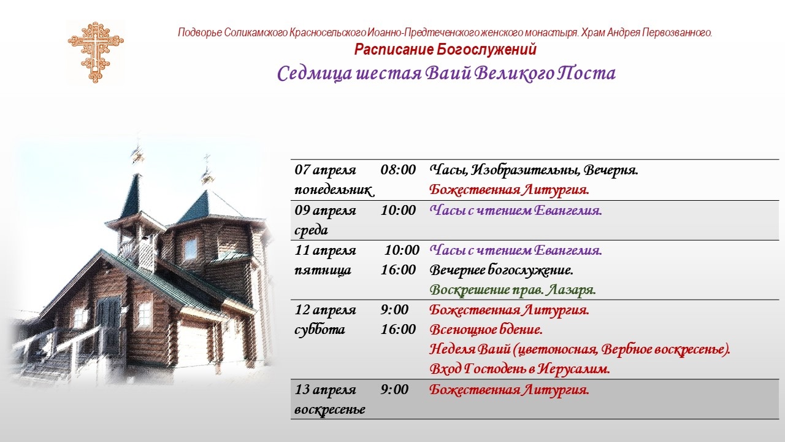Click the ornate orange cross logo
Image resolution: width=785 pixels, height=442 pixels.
95,52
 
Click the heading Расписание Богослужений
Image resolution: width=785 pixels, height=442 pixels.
445,50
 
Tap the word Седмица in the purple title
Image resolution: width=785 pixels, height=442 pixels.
315,74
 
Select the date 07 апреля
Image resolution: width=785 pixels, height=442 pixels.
325,170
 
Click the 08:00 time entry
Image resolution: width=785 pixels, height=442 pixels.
398,170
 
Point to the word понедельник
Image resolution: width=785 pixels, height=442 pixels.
334,190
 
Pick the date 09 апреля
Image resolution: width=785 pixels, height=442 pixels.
325,211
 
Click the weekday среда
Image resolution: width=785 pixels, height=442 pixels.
311,230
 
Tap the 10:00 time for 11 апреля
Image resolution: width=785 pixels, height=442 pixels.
402,250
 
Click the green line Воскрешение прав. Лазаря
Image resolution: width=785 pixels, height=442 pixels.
513,290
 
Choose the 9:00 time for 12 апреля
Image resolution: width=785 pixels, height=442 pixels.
394,310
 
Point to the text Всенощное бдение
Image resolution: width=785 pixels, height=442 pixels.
486,330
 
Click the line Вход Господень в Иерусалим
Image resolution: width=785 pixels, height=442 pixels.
519,369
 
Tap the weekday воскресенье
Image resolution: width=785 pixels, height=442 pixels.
330,409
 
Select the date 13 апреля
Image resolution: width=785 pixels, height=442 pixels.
325,390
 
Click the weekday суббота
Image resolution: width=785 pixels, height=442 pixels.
320,330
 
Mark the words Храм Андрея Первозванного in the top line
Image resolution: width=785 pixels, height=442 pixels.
646,33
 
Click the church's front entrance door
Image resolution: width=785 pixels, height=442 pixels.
107,325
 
